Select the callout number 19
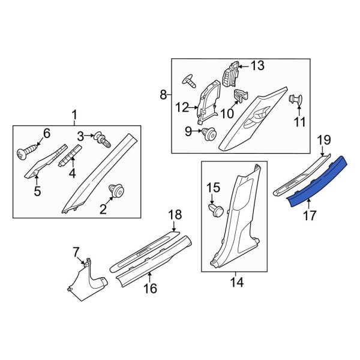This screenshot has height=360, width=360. point(323,140)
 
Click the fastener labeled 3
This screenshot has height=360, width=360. point(103,140)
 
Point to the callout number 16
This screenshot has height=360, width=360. point(149,289)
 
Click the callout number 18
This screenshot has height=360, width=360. point(174,215)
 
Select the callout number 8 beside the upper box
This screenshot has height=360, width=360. point(163,94)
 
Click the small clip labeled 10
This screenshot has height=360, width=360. point(240,95)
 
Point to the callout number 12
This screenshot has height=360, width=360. point(182,108)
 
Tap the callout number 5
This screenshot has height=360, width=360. point(37,191)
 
